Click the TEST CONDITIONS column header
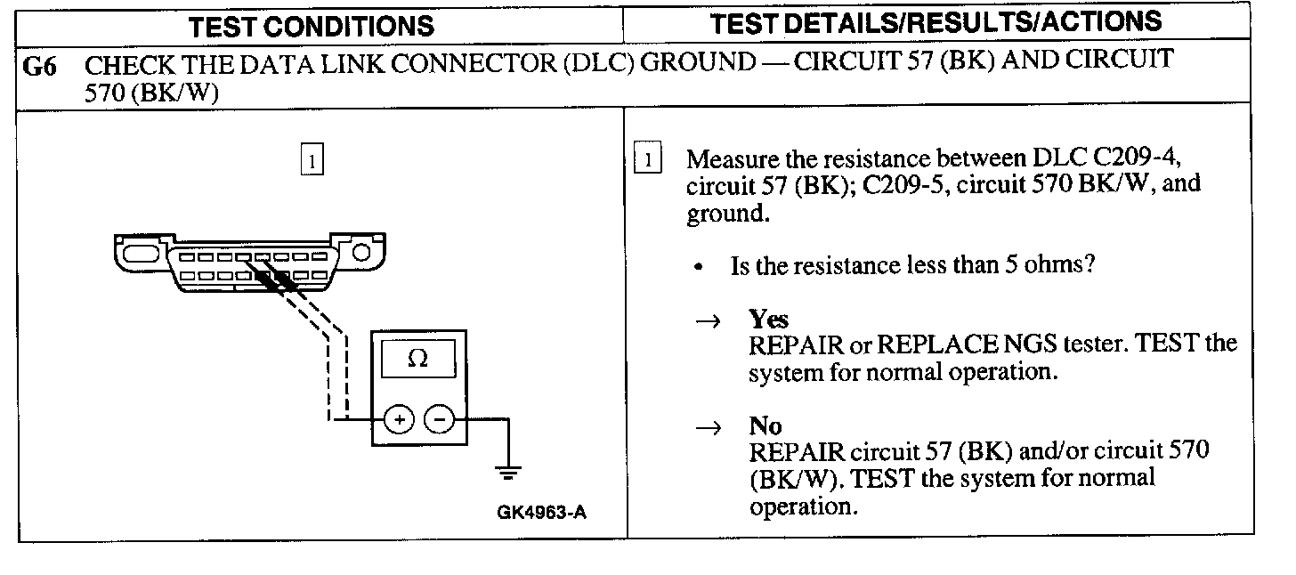tap(312, 26)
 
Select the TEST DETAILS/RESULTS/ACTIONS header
tap(936, 22)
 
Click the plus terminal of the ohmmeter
tap(399, 418)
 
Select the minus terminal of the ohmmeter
tap(438, 418)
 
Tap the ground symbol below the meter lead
tap(508, 473)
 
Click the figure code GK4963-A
tap(543, 514)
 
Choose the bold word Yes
tap(769, 320)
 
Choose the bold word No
tap(765, 427)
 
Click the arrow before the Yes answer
tap(713, 321)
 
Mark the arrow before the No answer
tap(713, 428)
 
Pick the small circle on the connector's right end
tap(362, 253)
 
